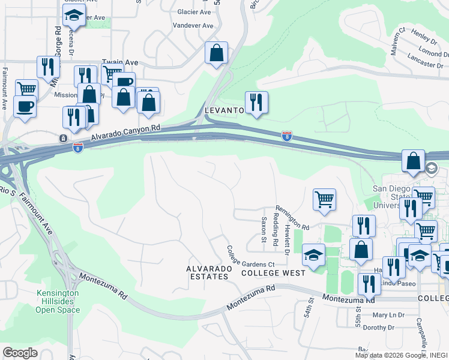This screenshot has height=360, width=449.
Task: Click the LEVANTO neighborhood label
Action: [x=224, y=111]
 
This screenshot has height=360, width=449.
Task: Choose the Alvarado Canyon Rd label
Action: [x=126, y=133]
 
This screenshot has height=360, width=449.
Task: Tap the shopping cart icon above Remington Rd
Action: [x=324, y=199]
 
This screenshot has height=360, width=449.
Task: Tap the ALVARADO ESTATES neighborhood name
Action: [x=207, y=272]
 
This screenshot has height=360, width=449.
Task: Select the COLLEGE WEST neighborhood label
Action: [x=273, y=272]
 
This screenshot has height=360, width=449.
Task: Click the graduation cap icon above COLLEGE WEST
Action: [x=313, y=256]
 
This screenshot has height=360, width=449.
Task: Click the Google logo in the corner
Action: [x=20, y=353]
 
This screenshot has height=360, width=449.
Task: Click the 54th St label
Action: [x=309, y=312]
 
